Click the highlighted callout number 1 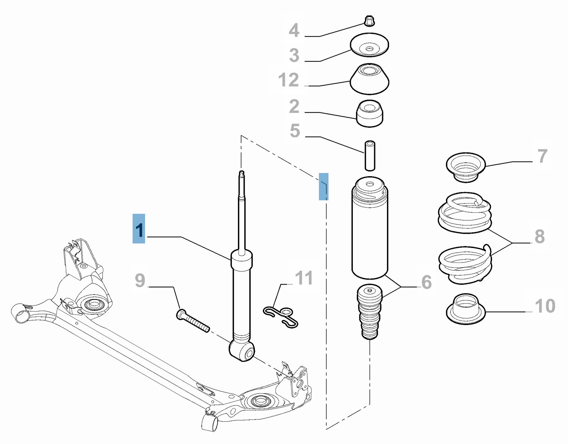139,229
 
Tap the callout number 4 294,30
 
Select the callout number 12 289,80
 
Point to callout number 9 140,280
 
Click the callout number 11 304,278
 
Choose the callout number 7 542,156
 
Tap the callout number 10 545,306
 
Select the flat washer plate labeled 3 369,45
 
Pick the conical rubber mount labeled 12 369,80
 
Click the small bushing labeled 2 370,114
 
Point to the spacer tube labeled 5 370,156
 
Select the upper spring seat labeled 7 465,167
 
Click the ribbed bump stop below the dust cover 370,312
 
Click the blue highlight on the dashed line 323,186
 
